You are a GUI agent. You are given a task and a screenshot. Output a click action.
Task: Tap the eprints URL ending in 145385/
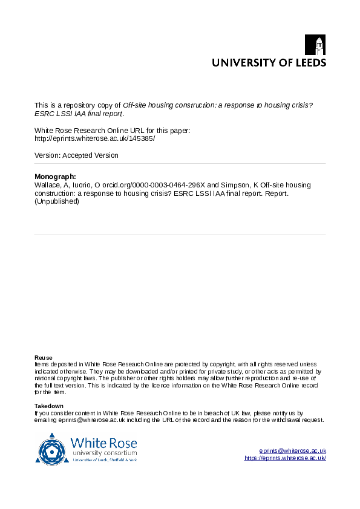point(95,138)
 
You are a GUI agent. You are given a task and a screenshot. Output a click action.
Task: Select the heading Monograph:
point(56,176)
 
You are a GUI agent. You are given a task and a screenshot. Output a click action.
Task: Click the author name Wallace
point(48,184)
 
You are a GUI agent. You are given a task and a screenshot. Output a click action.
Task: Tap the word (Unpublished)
point(57,201)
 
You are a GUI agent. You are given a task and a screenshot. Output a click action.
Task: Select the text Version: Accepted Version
point(76,155)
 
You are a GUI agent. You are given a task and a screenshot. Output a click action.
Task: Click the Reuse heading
point(43,357)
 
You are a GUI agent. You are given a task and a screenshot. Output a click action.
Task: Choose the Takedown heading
point(48,406)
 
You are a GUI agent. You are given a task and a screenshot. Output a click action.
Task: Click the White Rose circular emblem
point(52,449)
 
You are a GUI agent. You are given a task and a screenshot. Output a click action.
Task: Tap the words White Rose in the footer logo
point(103,443)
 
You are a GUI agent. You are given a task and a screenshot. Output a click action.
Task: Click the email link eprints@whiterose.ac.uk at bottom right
point(293,451)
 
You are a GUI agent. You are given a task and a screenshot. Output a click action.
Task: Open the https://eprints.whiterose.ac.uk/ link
point(285,458)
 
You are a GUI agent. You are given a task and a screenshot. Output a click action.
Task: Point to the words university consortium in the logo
point(104,453)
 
